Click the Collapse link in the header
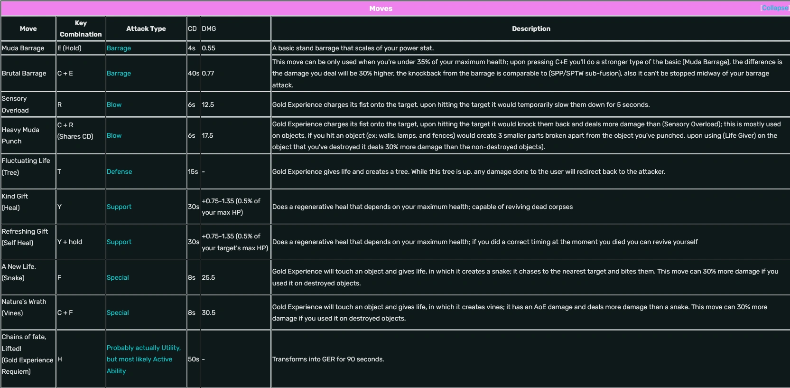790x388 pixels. [x=775, y=8]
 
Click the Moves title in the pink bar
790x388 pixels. [x=381, y=9]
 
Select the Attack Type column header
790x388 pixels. [x=146, y=28]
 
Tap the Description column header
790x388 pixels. [x=531, y=28]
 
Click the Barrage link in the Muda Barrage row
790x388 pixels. [x=119, y=48]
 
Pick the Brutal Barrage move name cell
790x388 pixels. [x=24, y=73]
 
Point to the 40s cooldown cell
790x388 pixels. [x=193, y=73]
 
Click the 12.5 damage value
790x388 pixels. [x=208, y=104]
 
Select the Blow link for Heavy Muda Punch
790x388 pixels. [x=114, y=135]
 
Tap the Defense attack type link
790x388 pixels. [x=119, y=171]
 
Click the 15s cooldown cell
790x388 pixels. [x=193, y=171]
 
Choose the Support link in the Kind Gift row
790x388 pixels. [x=119, y=207]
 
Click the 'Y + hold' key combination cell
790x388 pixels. [x=70, y=242]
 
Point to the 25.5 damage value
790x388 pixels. [x=208, y=277]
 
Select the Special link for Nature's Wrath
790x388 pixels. [x=118, y=312]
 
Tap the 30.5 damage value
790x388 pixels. [x=208, y=312]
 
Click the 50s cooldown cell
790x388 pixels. [x=193, y=359]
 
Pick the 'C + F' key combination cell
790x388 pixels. [x=65, y=312]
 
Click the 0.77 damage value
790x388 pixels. [x=208, y=73]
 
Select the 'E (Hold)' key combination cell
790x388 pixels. [x=69, y=48]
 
